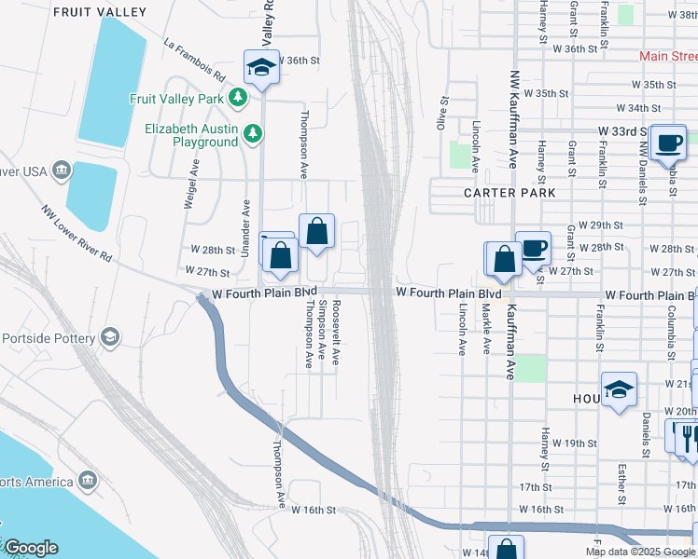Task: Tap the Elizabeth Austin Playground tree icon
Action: coord(252,135)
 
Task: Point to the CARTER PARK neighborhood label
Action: coord(510,193)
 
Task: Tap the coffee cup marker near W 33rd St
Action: coord(668,143)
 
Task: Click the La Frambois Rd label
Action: coord(194,58)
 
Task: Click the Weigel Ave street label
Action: coord(190,184)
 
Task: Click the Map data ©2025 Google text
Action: coord(640,552)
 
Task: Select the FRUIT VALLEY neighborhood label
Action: coord(100,12)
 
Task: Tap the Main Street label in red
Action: coord(668,57)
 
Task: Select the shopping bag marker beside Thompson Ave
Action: coord(316,231)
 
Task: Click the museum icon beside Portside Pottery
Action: coord(110,336)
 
